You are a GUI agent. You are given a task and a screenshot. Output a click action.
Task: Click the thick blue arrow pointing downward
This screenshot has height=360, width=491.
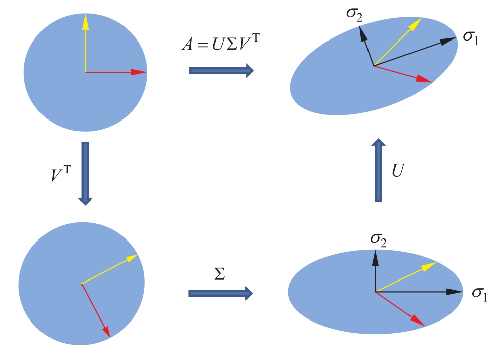tap(86, 173)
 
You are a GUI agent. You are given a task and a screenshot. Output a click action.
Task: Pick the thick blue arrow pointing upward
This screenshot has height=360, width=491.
tap(378, 170)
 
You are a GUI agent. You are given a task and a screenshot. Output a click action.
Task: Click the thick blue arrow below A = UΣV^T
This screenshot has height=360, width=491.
tap(221, 70)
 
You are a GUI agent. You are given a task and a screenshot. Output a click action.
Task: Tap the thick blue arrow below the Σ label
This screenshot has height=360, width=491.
tap(220, 293)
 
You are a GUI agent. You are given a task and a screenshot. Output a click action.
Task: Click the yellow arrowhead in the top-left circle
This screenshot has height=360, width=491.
tap(85, 21)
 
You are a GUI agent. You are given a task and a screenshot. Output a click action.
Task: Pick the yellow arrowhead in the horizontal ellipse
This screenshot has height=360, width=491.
tap(430, 265)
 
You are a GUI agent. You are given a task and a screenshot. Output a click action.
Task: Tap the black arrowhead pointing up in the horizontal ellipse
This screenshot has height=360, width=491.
tap(375, 258)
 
